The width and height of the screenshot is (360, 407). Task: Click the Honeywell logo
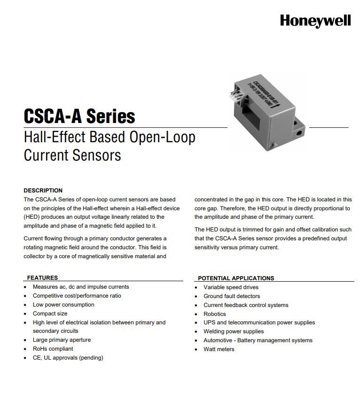click(x=315, y=21)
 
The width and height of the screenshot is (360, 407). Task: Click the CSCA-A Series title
click(x=79, y=116)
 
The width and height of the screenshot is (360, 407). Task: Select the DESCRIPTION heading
click(x=43, y=191)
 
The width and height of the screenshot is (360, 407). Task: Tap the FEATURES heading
click(x=42, y=278)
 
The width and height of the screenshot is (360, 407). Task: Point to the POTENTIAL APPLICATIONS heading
click(x=235, y=278)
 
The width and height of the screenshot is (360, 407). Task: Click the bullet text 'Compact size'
click(x=50, y=314)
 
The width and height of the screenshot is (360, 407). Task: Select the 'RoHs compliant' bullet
click(x=53, y=349)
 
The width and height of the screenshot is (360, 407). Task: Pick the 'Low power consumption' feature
click(x=63, y=305)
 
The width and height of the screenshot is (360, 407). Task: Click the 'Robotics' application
click(x=214, y=314)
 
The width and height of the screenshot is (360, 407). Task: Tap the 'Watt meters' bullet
click(x=219, y=349)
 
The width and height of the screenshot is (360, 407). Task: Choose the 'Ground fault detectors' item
click(x=231, y=296)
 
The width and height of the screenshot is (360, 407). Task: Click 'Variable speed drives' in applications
click(x=231, y=287)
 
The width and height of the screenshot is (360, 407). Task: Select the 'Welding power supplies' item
click(x=234, y=331)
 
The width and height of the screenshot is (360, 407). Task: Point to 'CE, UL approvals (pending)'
click(x=68, y=358)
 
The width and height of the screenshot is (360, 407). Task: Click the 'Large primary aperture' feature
click(x=62, y=340)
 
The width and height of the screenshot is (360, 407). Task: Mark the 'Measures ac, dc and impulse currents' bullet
click(x=81, y=287)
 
